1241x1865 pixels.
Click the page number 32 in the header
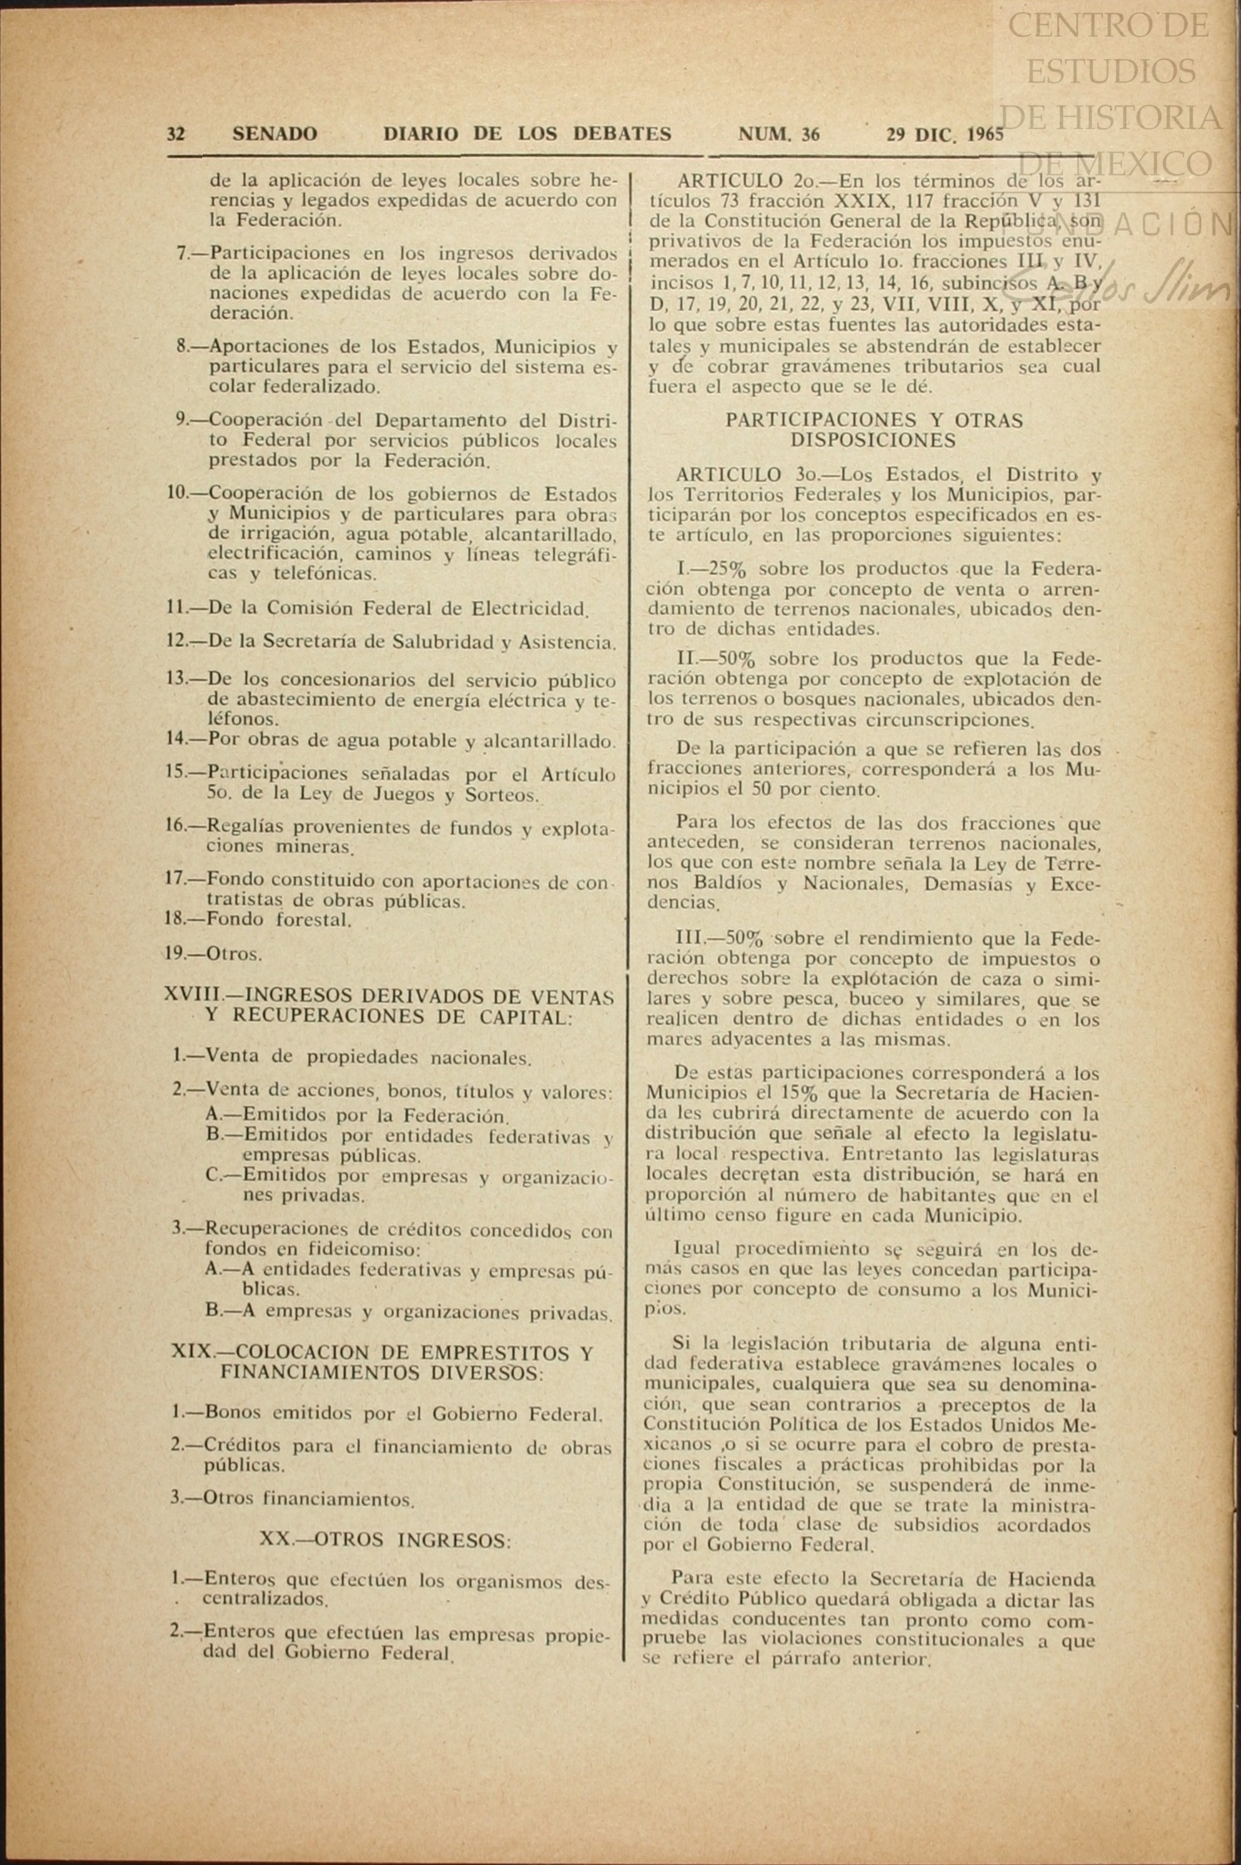point(176,134)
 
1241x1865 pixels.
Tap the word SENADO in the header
point(274,134)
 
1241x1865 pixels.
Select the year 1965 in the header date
point(981,135)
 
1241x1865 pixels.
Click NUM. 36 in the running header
point(779,134)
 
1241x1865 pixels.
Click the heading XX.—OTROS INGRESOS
point(385,1540)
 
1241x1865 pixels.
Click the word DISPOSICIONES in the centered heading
point(873,440)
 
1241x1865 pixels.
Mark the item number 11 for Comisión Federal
point(177,608)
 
